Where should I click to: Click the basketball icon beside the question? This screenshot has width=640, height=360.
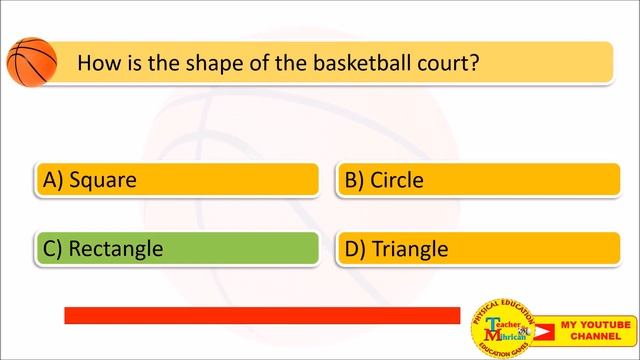[x=31, y=61]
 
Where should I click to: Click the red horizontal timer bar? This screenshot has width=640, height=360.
[x=262, y=315]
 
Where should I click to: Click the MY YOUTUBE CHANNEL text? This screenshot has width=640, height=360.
[x=595, y=331]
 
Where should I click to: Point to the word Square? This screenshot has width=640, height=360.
[x=103, y=181]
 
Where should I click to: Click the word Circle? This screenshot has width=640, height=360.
[x=397, y=181]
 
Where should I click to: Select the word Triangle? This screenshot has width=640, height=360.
[x=410, y=249]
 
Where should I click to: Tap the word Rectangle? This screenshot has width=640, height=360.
[x=116, y=249]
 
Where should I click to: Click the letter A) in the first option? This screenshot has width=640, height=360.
[x=53, y=181]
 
